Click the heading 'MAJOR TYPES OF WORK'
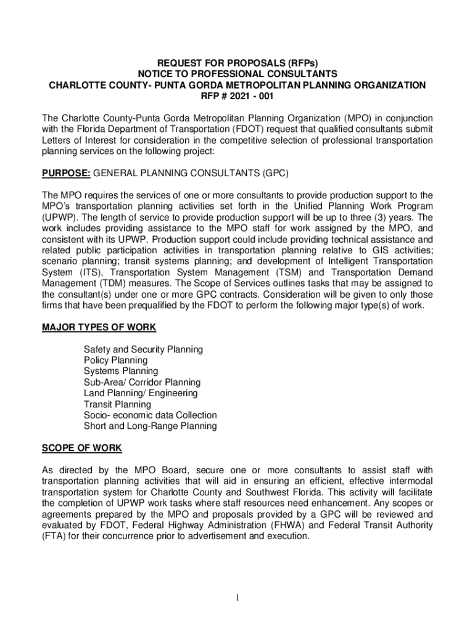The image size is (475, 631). click(x=99, y=327)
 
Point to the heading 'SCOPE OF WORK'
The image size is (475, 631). click(x=81, y=447)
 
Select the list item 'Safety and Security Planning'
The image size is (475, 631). click(x=143, y=349)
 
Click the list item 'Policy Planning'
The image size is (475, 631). click(x=115, y=360)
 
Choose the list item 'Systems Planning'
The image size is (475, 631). click(x=121, y=371)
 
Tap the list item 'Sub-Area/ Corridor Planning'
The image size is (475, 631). click(x=142, y=382)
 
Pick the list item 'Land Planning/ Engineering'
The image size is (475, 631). click(x=141, y=393)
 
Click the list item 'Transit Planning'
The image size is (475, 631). click(x=117, y=404)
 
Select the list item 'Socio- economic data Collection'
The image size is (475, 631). click(x=150, y=415)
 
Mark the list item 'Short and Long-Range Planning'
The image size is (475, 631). click(x=150, y=426)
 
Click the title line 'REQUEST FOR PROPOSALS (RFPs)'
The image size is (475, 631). click(x=238, y=63)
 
